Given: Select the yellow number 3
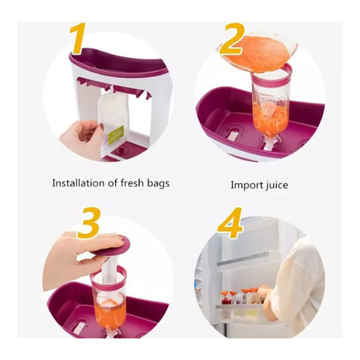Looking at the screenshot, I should pyautogui.click(x=88, y=222).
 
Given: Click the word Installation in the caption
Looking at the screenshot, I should pyautogui.click(x=77, y=183).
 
